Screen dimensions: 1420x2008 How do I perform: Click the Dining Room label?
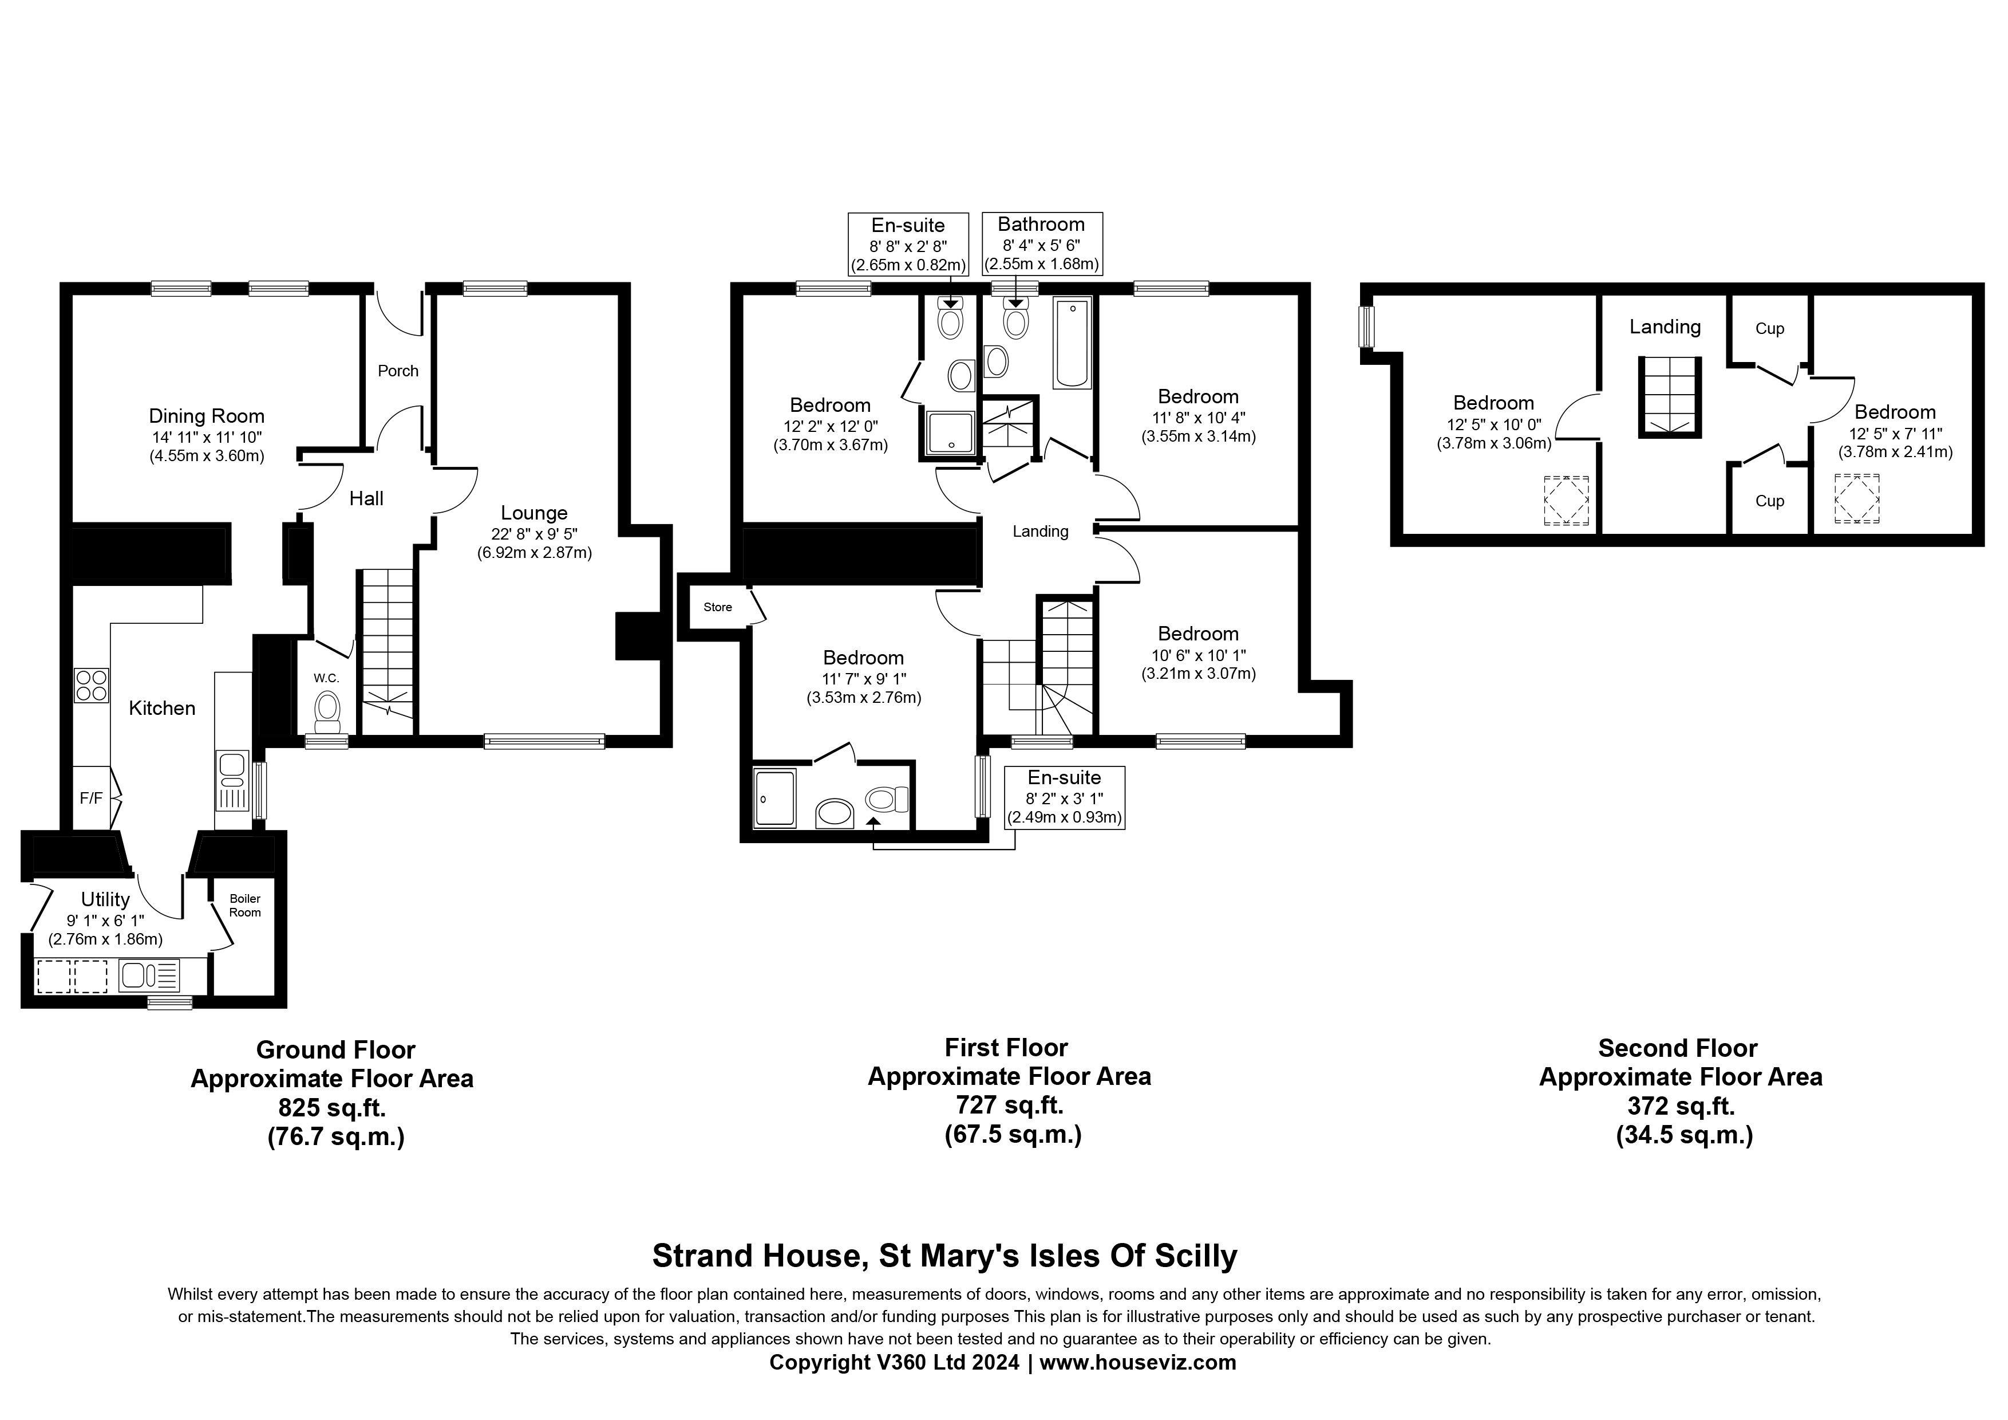point(207,416)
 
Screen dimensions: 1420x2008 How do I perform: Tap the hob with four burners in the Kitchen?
point(91,685)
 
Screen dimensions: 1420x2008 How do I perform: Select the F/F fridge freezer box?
point(91,798)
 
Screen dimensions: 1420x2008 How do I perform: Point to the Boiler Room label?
point(245,906)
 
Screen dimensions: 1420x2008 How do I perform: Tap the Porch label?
point(398,371)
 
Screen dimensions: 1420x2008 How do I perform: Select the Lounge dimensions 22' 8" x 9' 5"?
point(535,534)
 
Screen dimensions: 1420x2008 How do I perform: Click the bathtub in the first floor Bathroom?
point(1072,343)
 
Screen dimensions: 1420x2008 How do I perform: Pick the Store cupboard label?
point(717,607)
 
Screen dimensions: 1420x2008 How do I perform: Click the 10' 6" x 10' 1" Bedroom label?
point(1197,634)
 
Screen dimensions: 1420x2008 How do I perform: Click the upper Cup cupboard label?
point(1769,329)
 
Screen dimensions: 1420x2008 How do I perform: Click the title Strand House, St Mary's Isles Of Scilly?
point(944,1256)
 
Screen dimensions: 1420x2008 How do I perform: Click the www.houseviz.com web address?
point(1137,1362)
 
